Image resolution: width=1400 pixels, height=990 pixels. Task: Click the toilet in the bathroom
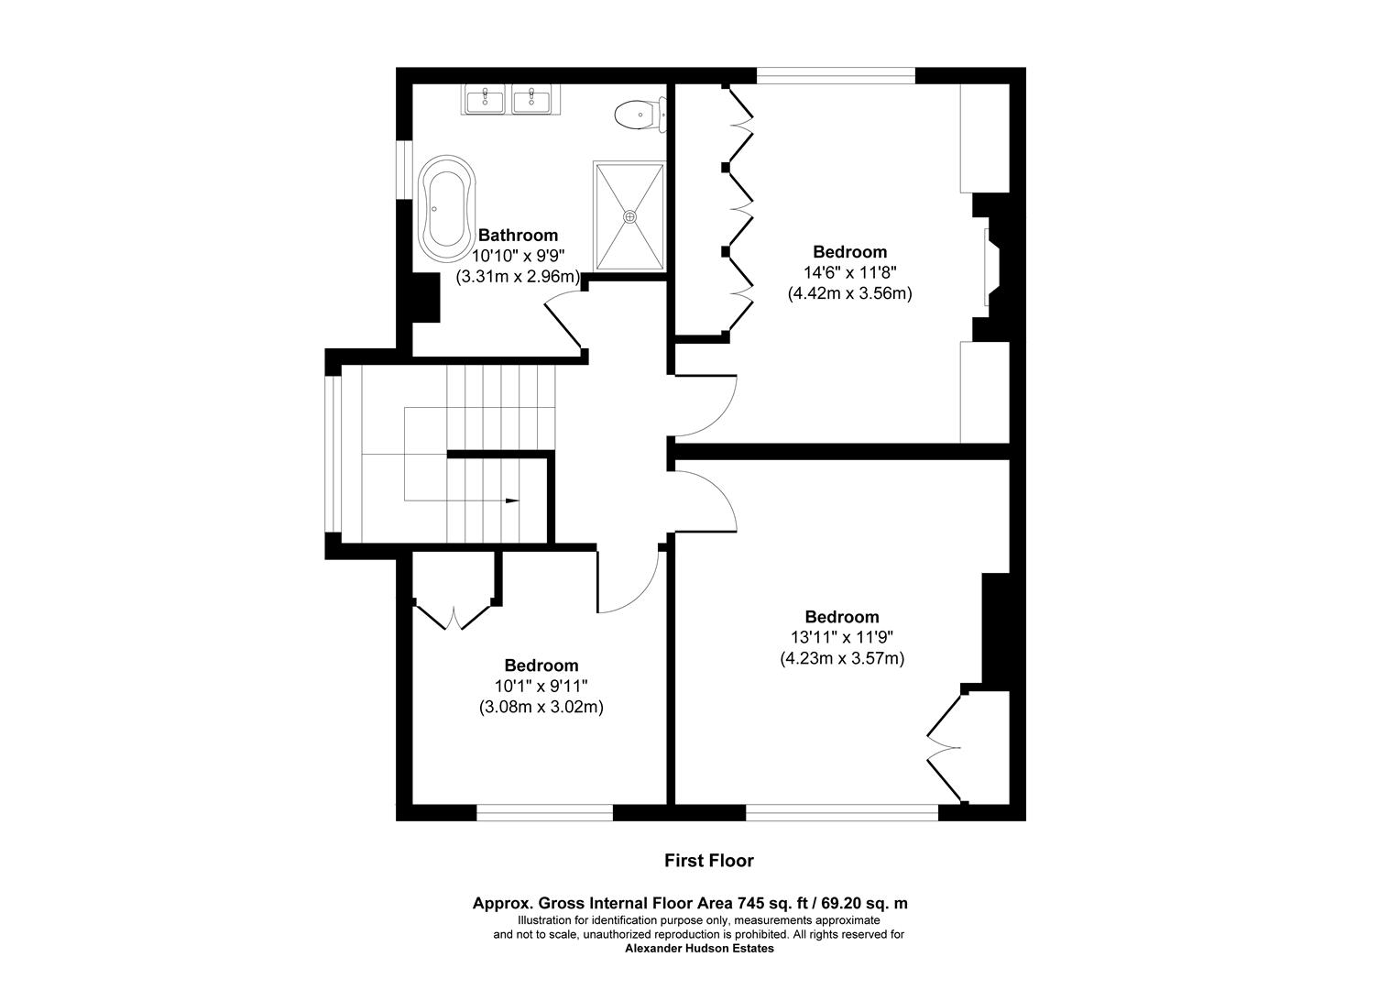640,115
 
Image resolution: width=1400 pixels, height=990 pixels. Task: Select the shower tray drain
629,216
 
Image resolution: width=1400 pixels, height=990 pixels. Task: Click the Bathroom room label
518,236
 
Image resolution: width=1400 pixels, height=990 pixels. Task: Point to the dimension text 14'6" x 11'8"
849,272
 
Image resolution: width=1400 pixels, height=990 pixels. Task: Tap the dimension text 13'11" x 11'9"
841,637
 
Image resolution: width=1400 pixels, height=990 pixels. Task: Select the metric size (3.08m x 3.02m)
541,707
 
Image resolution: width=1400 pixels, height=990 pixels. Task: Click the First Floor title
708,861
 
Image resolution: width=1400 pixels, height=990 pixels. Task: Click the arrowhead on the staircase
511,500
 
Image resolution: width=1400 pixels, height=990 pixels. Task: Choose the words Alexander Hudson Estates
699,949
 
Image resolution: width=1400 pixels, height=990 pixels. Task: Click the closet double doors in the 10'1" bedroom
454,616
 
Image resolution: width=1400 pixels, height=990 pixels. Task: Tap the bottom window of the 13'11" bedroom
841,812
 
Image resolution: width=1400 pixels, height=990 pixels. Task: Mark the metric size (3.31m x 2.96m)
518,276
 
